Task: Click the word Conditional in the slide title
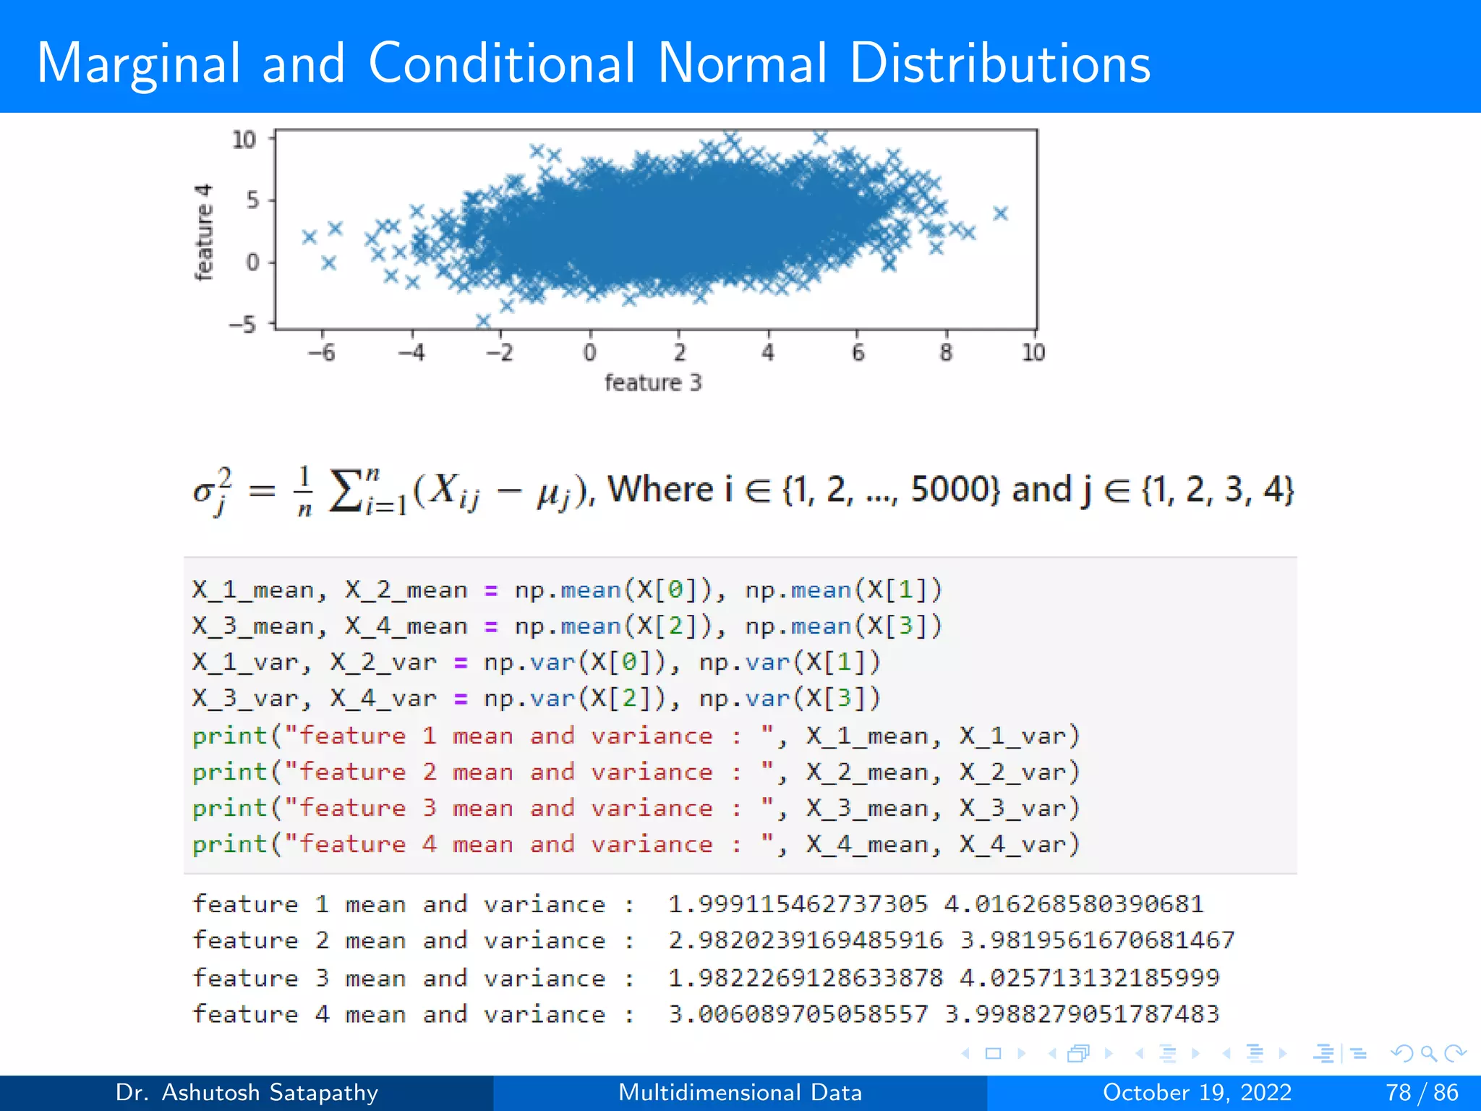coord(501,64)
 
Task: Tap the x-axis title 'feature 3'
coord(652,383)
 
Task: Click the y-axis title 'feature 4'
coord(204,231)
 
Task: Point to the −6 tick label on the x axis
coord(322,353)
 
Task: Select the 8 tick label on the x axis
coord(946,353)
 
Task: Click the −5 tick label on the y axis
coord(244,324)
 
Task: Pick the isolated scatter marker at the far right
coord(1000,213)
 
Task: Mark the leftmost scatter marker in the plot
coord(310,237)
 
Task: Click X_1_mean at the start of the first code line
coord(253,590)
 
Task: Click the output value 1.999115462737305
coord(798,904)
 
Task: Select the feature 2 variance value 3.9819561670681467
coord(1097,940)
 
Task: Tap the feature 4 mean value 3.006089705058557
coord(798,1014)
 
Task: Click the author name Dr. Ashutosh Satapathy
coord(247,1092)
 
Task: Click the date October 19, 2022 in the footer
coord(1197,1092)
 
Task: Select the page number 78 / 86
coord(1422,1092)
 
